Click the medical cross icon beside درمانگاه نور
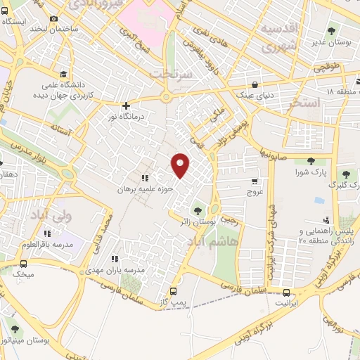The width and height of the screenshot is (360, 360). tap(126, 105)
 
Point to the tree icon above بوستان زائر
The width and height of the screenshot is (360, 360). tap(198, 210)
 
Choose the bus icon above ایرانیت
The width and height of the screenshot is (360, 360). tap(286, 293)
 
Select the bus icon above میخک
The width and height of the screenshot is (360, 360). tap(23, 264)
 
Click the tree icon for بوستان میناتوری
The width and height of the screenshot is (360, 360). tap(15, 328)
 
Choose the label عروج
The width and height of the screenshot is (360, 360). tap(254, 191)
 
